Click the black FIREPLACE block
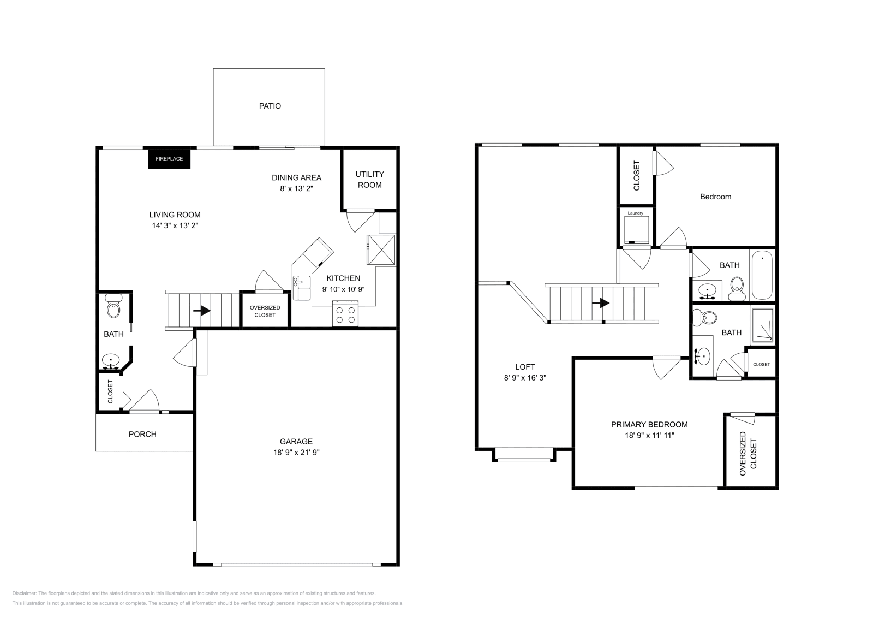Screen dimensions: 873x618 (169, 159)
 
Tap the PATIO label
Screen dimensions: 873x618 (270, 106)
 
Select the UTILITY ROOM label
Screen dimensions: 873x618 (369, 180)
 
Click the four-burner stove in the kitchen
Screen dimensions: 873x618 (345, 313)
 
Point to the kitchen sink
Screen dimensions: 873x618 (302, 288)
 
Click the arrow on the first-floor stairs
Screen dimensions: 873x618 (202, 311)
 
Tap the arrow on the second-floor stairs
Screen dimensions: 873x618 (601, 303)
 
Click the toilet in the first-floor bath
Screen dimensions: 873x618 (113, 306)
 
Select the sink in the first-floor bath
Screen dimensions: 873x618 (111, 361)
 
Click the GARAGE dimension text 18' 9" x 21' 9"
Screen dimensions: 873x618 (296, 452)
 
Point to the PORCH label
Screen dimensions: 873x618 (142, 434)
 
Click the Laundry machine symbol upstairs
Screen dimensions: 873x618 (636, 230)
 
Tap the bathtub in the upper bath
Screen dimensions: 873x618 (762, 275)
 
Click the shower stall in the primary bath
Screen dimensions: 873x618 (762, 325)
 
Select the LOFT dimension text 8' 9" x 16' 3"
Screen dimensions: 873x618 (525, 377)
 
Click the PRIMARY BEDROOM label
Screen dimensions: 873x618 (649, 424)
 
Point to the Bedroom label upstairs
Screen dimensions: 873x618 (715, 197)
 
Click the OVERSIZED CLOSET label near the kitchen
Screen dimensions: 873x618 (265, 311)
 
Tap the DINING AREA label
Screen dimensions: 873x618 (297, 177)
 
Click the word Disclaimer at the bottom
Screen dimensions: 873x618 (24, 593)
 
